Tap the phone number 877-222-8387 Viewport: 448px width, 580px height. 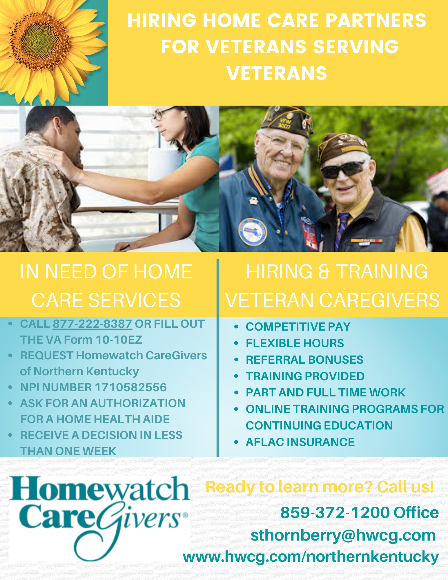[92, 324]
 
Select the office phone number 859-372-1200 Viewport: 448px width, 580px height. [335, 512]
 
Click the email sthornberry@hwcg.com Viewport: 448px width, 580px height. [343, 535]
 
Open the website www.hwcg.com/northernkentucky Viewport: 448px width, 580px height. [311, 557]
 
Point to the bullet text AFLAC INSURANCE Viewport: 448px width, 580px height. [300, 442]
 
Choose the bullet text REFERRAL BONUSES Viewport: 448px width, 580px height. [304, 360]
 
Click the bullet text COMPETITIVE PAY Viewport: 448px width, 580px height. [298, 327]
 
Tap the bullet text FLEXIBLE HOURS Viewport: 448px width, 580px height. [295, 343]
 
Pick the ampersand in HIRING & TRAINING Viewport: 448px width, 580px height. [324, 272]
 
